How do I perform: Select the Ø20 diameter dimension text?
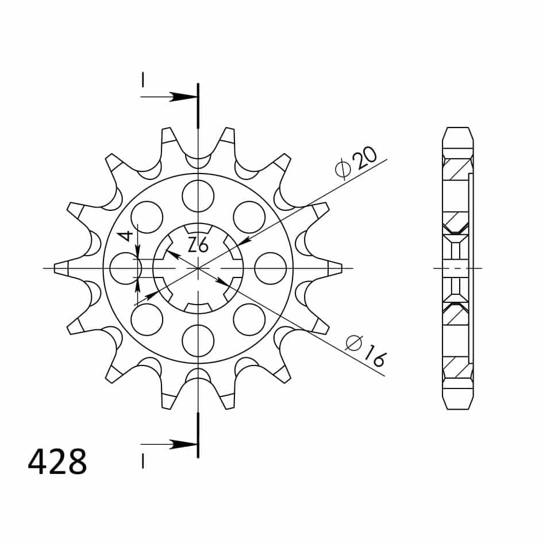(356, 163)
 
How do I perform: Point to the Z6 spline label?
(198, 245)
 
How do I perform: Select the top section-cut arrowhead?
(185, 97)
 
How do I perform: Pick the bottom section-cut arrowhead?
(185, 444)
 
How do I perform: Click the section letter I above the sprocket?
(142, 80)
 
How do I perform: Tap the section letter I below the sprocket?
(142, 461)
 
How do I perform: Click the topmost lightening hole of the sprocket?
(198, 195)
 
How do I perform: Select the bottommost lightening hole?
(198, 341)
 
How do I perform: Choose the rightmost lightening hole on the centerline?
(270, 268)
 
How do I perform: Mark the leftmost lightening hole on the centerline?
(125, 268)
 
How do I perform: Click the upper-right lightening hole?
(249, 217)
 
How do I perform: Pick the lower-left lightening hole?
(147, 319)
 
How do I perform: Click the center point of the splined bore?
(198, 268)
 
